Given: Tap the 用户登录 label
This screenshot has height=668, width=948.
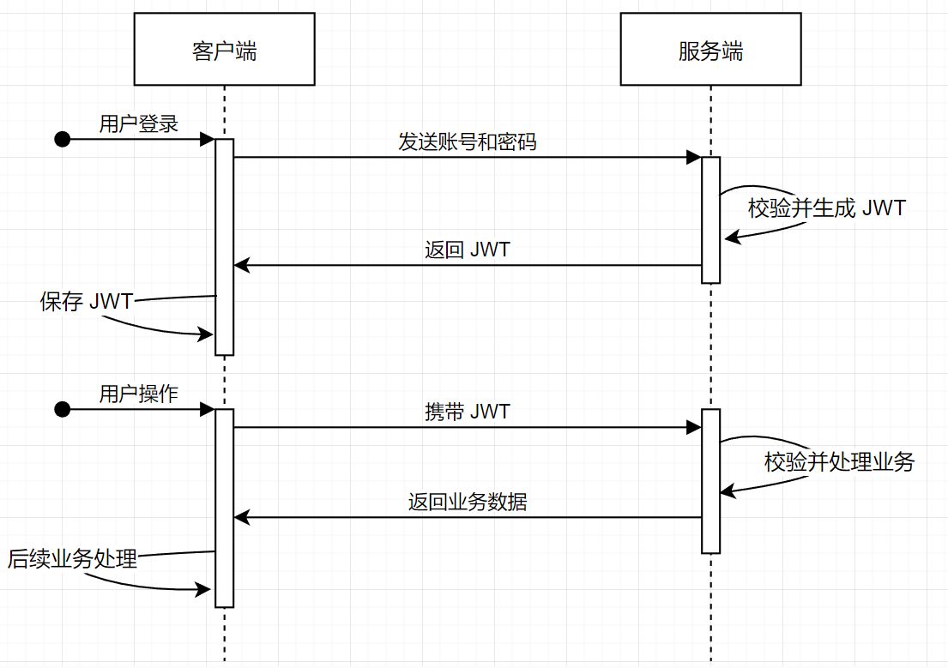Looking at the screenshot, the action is [139, 124].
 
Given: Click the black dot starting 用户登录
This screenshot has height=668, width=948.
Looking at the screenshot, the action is [63, 140].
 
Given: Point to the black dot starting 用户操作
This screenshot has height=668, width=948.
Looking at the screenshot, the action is [63, 410].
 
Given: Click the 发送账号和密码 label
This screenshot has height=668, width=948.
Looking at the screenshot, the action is [468, 142].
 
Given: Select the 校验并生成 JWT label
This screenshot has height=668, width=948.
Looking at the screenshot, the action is [826, 208].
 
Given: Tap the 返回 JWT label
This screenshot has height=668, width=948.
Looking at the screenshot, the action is [468, 250].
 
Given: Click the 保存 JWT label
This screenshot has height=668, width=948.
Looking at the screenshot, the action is [87, 301].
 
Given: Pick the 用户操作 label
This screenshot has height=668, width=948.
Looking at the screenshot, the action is [139, 394].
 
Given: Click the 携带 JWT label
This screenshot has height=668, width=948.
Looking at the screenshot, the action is [468, 412].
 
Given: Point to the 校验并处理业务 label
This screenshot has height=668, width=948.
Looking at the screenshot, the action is [839, 462].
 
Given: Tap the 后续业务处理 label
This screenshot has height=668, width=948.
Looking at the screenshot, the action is [73, 558].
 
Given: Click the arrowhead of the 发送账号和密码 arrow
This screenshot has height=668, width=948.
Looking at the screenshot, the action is [694, 158].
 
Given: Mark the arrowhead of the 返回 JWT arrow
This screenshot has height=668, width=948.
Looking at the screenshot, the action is [242, 265].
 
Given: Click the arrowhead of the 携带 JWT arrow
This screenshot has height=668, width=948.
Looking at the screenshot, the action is [694, 428].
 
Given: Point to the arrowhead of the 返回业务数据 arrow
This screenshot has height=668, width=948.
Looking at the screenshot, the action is [242, 517].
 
